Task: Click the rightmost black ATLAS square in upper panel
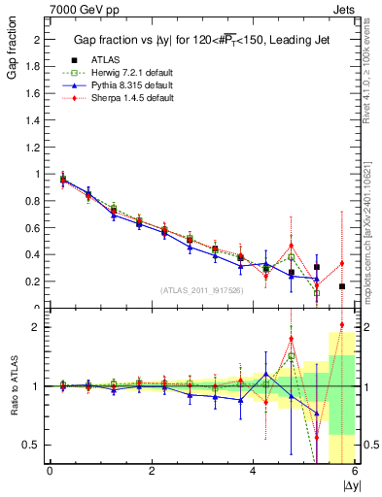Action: [342, 286]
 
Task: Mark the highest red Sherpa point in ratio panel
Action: [342, 325]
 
